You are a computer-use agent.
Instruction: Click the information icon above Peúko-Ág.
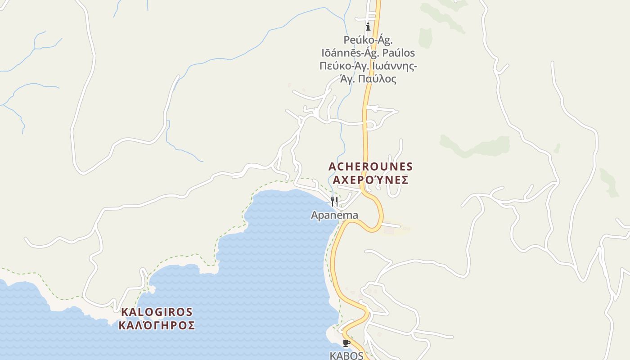point(368,27)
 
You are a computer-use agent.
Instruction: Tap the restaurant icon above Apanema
point(334,201)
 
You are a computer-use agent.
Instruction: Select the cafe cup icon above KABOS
point(346,343)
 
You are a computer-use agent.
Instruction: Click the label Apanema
point(334,215)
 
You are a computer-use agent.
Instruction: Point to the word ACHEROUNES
point(370,166)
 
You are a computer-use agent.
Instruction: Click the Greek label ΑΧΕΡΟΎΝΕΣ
point(370,180)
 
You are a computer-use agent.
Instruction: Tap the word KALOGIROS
point(157,312)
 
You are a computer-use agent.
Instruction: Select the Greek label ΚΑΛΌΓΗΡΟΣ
point(157,325)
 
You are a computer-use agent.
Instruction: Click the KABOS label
point(346,355)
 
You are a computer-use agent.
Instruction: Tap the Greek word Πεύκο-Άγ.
point(344,66)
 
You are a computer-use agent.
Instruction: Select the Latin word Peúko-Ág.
point(368,40)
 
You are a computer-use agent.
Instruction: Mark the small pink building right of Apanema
point(388,230)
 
